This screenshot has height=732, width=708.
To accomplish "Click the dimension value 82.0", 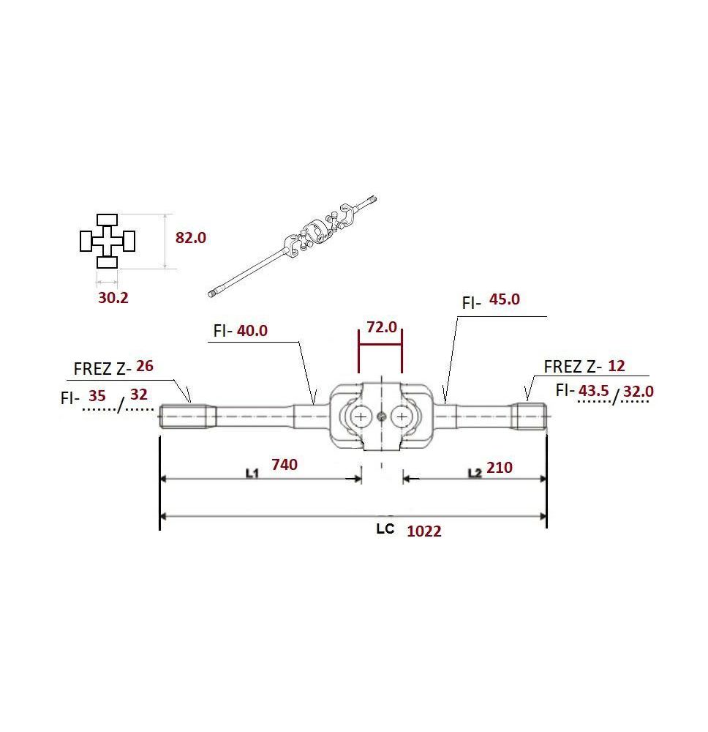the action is [x=190, y=238].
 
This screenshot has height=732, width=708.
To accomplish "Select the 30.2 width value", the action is [x=113, y=297].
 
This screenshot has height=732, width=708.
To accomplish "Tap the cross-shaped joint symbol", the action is [x=108, y=241].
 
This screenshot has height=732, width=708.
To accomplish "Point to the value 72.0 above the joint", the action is [x=382, y=327].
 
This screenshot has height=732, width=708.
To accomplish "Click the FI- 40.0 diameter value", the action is [x=252, y=331].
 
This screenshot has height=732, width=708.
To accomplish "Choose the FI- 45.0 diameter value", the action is [x=504, y=299].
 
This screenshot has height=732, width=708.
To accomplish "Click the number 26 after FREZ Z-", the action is [x=145, y=366].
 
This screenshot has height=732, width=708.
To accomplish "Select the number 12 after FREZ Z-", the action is [x=616, y=366].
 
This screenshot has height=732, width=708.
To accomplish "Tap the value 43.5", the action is [x=594, y=390].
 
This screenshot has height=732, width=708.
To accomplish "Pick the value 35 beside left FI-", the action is [x=97, y=396].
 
